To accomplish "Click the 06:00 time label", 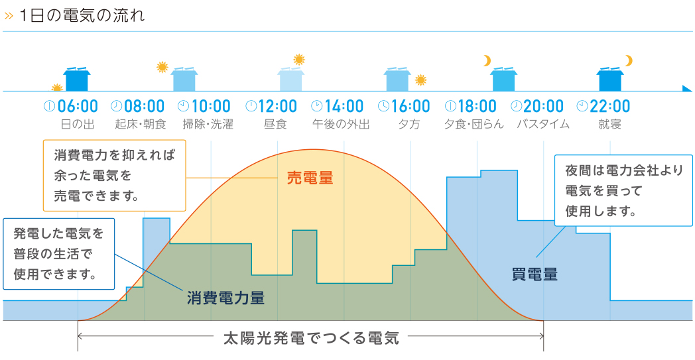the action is tap(78, 106).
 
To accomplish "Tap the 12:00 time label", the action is tap(277, 106).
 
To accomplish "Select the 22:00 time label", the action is tap(609, 106).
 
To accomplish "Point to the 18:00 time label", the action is tap(476, 106).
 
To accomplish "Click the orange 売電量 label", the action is tap(310, 178).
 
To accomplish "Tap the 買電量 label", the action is tap(535, 274).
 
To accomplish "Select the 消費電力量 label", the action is tap(225, 298).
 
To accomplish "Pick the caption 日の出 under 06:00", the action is tap(78, 124).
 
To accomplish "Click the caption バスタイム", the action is tap(543, 124).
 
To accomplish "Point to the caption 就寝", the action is tap(609, 124).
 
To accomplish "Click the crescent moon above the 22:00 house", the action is tap(629, 61).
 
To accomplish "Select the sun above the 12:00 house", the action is tap(299, 60).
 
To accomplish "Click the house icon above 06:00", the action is tap(77, 80).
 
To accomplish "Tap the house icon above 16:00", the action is tap(398, 80).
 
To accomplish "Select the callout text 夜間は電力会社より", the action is tap(624, 170).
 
